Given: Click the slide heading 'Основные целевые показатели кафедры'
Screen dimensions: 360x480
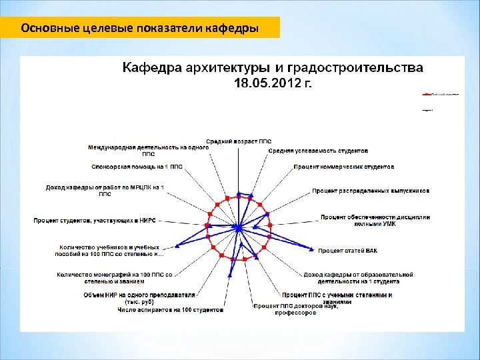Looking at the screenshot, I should [140, 29].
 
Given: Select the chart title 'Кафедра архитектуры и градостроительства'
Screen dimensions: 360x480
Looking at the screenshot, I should [271, 68].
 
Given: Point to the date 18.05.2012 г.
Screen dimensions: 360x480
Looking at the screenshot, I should [271, 83].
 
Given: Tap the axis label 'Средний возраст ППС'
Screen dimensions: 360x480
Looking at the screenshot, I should [239, 141].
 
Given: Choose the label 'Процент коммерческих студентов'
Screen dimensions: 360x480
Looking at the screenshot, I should [344, 166].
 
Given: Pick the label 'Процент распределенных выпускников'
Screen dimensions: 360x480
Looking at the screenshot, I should [371, 191].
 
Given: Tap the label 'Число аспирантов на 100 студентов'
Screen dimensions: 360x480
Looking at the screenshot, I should [171, 309].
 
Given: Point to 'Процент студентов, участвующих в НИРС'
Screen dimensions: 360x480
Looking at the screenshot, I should [99, 219].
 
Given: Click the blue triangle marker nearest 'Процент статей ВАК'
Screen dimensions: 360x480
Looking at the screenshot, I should [311, 249].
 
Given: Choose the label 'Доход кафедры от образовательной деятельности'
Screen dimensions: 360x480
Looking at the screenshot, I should [358, 278].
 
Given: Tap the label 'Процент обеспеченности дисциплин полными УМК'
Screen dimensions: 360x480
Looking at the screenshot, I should [375, 220].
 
